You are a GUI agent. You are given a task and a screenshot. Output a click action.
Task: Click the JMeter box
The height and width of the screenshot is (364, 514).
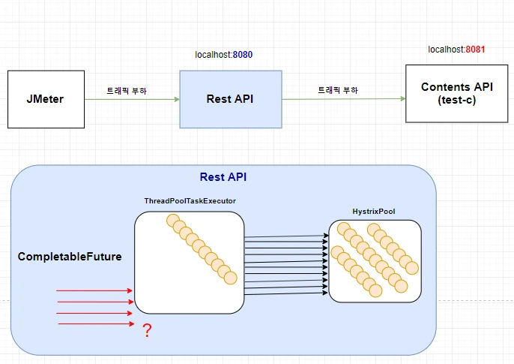click(45, 98)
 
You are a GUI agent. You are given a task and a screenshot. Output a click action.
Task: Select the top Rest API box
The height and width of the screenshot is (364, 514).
click(230, 98)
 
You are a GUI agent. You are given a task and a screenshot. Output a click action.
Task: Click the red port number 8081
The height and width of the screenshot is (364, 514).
click(475, 50)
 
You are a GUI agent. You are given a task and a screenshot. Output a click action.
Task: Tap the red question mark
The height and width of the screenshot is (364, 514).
click(147, 330)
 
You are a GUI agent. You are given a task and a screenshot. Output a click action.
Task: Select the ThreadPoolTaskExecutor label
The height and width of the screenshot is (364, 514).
click(190, 201)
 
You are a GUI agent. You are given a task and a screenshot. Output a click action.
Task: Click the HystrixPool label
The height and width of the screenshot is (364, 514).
click(373, 212)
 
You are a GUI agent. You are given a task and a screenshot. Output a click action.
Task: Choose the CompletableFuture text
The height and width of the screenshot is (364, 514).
click(70, 257)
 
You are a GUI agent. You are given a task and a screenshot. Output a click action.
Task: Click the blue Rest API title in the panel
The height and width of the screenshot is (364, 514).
click(223, 177)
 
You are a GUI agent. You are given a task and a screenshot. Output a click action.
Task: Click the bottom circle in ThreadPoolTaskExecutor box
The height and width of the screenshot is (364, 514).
click(230, 278)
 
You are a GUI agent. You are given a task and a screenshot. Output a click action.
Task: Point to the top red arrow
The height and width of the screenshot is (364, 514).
click(94, 290)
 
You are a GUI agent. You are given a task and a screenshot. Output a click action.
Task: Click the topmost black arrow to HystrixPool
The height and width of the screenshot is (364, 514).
click(286, 236)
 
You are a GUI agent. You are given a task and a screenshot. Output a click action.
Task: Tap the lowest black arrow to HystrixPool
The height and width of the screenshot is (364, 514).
click(286, 295)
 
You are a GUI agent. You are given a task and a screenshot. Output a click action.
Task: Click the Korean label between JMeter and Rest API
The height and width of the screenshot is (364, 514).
click(127, 90)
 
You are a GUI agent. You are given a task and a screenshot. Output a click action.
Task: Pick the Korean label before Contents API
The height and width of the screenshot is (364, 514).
click(338, 90)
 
